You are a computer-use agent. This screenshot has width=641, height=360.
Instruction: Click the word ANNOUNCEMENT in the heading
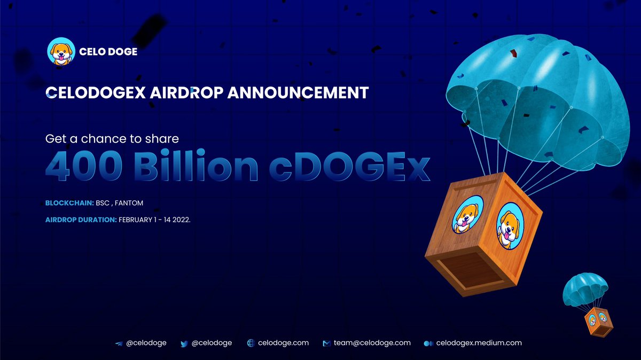tap(298, 93)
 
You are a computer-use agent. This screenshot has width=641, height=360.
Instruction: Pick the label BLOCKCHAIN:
tap(68, 203)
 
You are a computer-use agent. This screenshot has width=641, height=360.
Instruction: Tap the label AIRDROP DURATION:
tap(81, 220)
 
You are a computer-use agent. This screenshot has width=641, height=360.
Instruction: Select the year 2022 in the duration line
tap(180, 220)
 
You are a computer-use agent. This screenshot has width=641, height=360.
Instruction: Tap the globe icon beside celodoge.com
tap(251, 343)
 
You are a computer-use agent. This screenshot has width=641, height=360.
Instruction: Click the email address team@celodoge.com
tap(372, 343)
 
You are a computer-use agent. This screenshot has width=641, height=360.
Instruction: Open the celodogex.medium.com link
tap(479, 343)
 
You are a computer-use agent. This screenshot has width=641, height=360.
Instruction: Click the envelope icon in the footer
tap(326, 343)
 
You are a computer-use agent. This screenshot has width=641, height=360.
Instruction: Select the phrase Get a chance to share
tap(112, 139)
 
